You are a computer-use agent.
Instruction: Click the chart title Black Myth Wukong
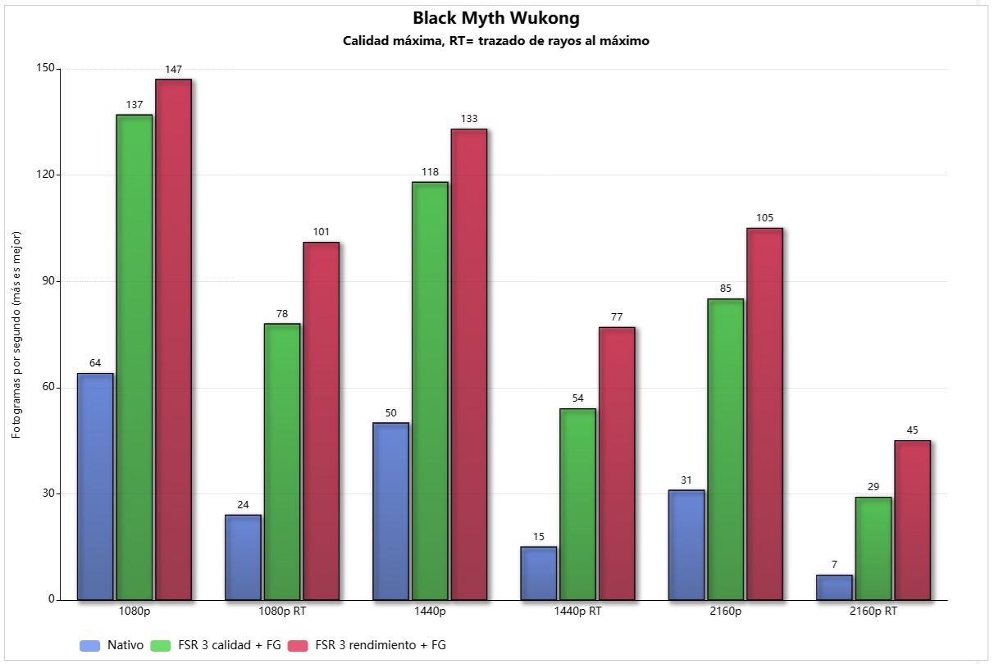(x=496, y=18)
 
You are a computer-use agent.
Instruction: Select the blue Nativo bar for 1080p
(x=95, y=487)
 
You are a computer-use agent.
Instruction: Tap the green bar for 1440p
(x=430, y=391)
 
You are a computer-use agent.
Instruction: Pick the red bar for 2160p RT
(x=912, y=521)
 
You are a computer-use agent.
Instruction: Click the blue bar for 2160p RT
(x=834, y=588)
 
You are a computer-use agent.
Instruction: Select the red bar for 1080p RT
(x=321, y=421)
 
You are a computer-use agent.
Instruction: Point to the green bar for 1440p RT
(x=577, y=504)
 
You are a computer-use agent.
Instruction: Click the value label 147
(x=174, y=70)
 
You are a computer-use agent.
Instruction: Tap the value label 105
(x=764, y=218)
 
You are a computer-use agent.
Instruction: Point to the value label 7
(x=834, y=565)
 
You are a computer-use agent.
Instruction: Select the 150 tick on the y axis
(x=46, y=68)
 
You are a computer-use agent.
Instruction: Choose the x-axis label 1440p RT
(x=577, y=612)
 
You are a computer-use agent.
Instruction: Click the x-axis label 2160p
(x=726, y=612)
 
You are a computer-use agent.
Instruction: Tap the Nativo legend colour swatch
(x=89, y=646)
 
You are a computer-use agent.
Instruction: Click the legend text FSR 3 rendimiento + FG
(x=381, y=645)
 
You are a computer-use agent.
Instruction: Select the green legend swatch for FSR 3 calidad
(x=161, y=646)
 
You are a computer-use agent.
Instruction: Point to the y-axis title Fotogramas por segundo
(x=16, y=335)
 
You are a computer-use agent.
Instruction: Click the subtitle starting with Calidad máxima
(x=496, y=41)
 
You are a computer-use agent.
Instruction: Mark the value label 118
(x=430, y=172)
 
